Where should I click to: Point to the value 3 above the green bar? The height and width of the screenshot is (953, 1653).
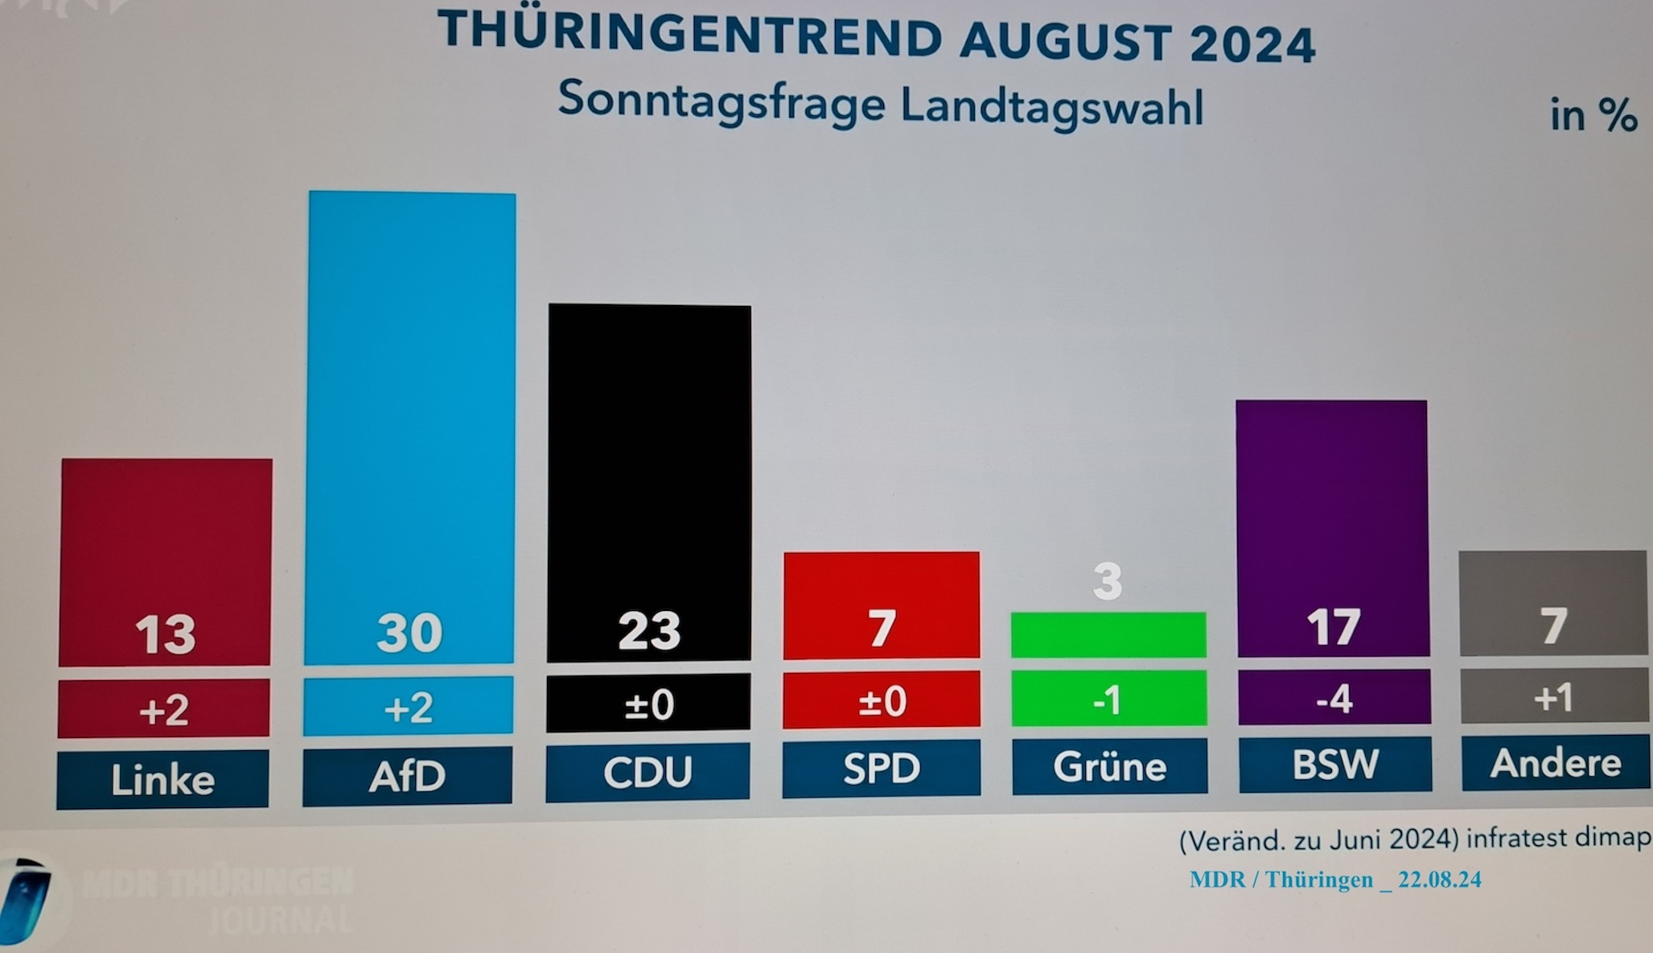tap(1108, 582)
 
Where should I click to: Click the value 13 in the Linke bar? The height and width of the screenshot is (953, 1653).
tap(165, 634)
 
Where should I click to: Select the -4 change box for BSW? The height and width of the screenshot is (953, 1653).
tap(1334, 698)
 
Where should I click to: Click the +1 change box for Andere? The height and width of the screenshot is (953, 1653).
tap(1553, 696)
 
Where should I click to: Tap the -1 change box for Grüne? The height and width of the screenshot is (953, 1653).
tap(1108, 699)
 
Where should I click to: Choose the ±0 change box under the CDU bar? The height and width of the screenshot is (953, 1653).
tap(648, 703)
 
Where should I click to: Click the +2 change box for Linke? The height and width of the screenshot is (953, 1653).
tap(164, 709)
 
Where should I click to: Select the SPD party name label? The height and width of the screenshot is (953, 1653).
tap(882, 768)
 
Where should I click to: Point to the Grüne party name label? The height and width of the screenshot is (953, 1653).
tap(1109, 766)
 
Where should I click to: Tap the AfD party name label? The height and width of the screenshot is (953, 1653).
tap(407, 776)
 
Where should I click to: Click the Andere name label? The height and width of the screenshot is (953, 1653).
tap(1556, 762)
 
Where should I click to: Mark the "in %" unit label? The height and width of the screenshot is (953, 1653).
tap(1593, 115)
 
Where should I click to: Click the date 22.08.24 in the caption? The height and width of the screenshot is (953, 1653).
tap(1439, 880)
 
